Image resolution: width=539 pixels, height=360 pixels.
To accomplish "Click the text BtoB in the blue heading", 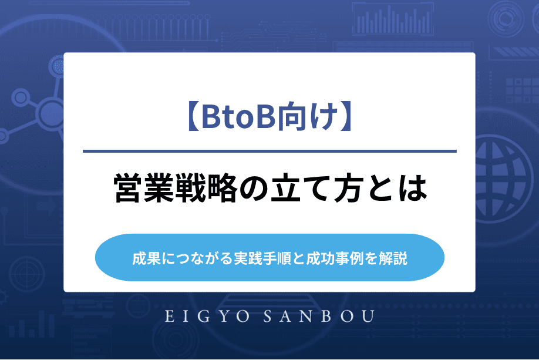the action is [238, 116].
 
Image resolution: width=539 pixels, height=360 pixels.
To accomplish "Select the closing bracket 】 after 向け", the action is [346, 116].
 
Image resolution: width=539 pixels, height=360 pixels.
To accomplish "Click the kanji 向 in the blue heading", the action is [290, 116].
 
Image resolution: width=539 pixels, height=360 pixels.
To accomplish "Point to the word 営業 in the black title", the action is [144, 188].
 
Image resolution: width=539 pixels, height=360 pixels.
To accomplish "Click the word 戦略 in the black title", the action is [206, 188].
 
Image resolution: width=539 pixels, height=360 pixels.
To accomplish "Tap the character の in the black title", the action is [254, 189].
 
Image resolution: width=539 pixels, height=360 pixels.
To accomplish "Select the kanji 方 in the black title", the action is [348, 188].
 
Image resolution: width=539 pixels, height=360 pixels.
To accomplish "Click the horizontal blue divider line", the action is [269, 151].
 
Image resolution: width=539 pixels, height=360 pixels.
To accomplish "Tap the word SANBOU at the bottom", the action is [319, 317].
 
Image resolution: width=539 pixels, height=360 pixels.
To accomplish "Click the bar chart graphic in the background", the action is [393, 20].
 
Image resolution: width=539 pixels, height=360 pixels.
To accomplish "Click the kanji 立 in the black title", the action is [285, 188].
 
